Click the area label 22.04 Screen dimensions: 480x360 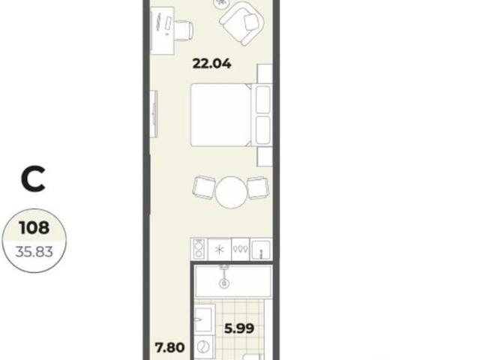(211, 64)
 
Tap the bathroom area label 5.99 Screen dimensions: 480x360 (239, 328)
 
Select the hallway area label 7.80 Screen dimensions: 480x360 (170, 348)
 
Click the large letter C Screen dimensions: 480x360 (33, 179)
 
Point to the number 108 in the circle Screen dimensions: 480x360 (34, 228)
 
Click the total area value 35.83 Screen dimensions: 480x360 (34, 252)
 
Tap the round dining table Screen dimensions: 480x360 (231, 193)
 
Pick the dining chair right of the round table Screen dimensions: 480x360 (258, 187)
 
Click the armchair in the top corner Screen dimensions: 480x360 (242, 23)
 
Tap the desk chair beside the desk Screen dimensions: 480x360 (184, 30)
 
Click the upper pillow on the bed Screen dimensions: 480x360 (262, 100)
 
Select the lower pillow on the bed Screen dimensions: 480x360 (262, 130)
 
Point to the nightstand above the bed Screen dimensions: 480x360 (265, 73)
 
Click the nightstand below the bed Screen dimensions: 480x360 (265, 157)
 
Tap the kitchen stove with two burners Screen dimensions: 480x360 (199, 249)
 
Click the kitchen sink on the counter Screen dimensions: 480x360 (261, 249)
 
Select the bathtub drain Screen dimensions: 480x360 (224, 283)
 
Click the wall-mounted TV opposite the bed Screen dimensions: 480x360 (154, 114)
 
